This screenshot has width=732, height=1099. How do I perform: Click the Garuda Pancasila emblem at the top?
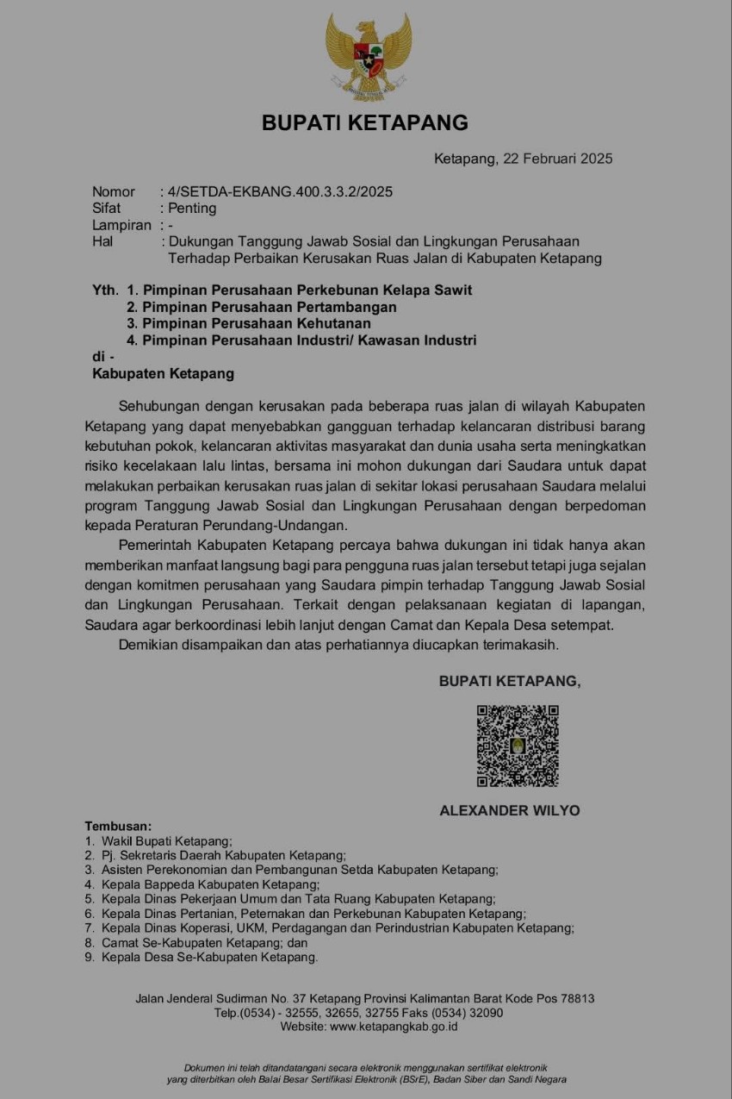[x=368, y=55]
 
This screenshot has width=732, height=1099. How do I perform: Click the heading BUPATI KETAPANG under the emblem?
[x=365, y=123]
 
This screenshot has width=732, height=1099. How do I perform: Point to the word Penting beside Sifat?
[x=192, y=208]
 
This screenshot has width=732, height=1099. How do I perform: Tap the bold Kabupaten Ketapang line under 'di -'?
[x=163, y=374]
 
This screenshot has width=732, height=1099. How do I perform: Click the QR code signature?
[x=518, y=746]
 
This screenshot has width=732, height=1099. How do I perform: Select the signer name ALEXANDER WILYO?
[x=510, y=810]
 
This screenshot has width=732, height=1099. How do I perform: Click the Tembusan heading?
[x=118, y=826]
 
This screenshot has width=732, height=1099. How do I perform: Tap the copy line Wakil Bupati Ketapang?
[x=167, y=840]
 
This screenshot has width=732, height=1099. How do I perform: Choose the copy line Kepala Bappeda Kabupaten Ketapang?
[x=210, y=884]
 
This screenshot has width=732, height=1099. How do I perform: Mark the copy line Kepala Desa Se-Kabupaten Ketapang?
[x=209, y=957]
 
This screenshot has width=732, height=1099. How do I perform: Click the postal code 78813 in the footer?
[x=577, y=999]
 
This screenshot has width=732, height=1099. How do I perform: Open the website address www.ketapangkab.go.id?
[x=394, y=1027]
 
